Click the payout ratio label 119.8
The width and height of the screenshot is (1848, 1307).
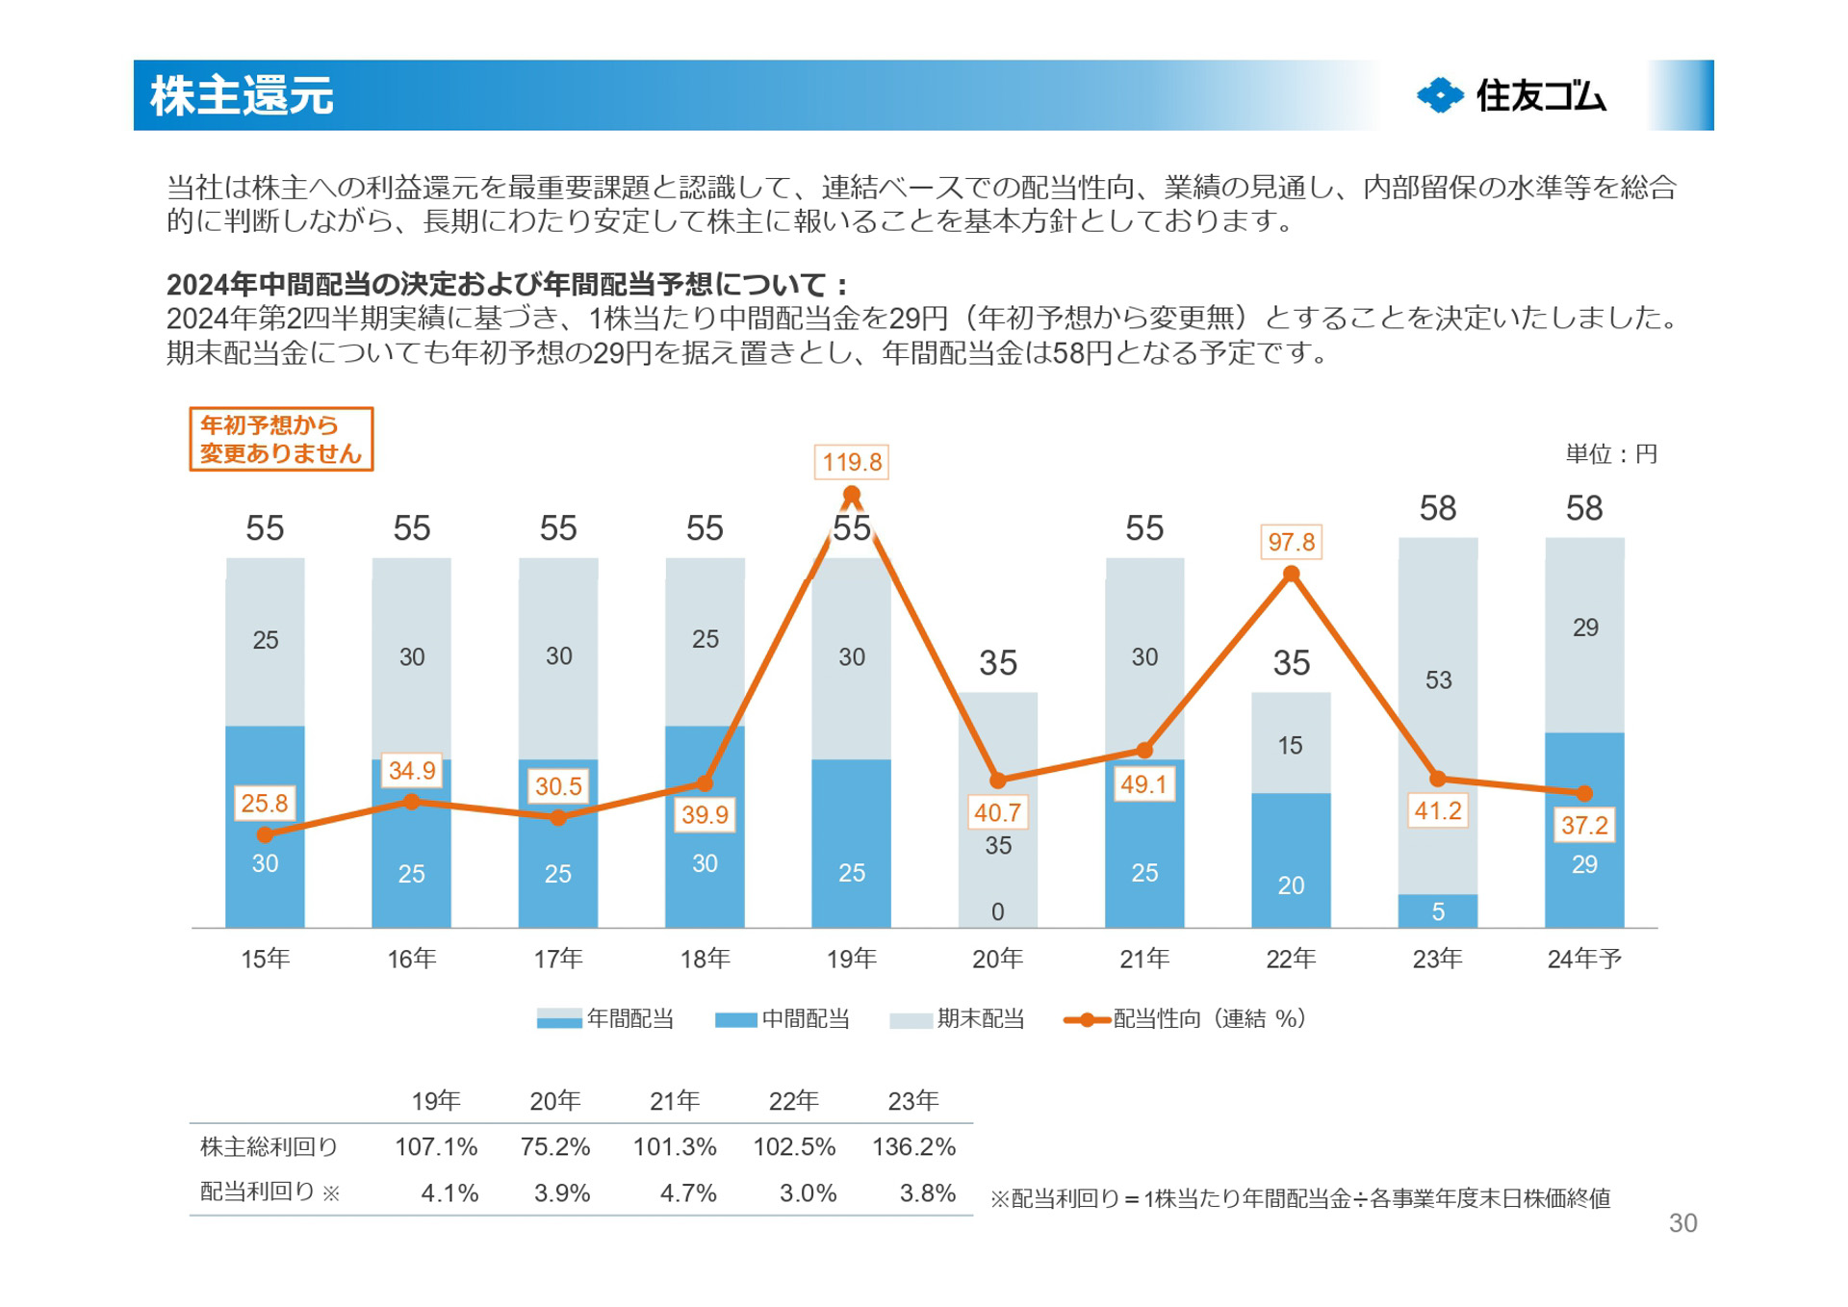[x=851, y=462]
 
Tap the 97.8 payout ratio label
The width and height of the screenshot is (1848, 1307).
[x=1291, y=542]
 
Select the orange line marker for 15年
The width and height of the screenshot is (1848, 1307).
[x=265, y=834]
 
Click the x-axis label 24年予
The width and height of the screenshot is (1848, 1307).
[x=1584, y=959]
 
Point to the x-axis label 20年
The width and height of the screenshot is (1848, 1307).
[x=997, y=959]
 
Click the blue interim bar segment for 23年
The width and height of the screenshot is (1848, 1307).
[x=1437, y=911]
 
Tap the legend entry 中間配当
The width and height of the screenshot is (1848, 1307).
[x=783, y=1019]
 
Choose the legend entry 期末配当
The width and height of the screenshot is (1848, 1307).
[x=957, y=1019]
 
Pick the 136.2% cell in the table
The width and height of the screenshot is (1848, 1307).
[x=913, y=1147]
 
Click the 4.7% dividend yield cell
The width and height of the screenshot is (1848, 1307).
[x=687, y=1193]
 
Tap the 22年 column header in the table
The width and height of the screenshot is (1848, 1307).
[x=793, y=1101]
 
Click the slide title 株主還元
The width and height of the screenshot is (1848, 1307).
[x=242, y=96]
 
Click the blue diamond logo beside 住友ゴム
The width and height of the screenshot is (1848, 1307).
[x=1440, y=95]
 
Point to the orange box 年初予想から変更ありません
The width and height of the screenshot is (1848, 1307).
[x=281, y=440]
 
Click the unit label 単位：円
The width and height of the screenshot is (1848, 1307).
[x=1610, y=454]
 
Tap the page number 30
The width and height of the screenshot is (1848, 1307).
[x=1682, y=1223]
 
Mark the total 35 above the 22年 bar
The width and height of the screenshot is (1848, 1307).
[x=1291, y=663]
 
